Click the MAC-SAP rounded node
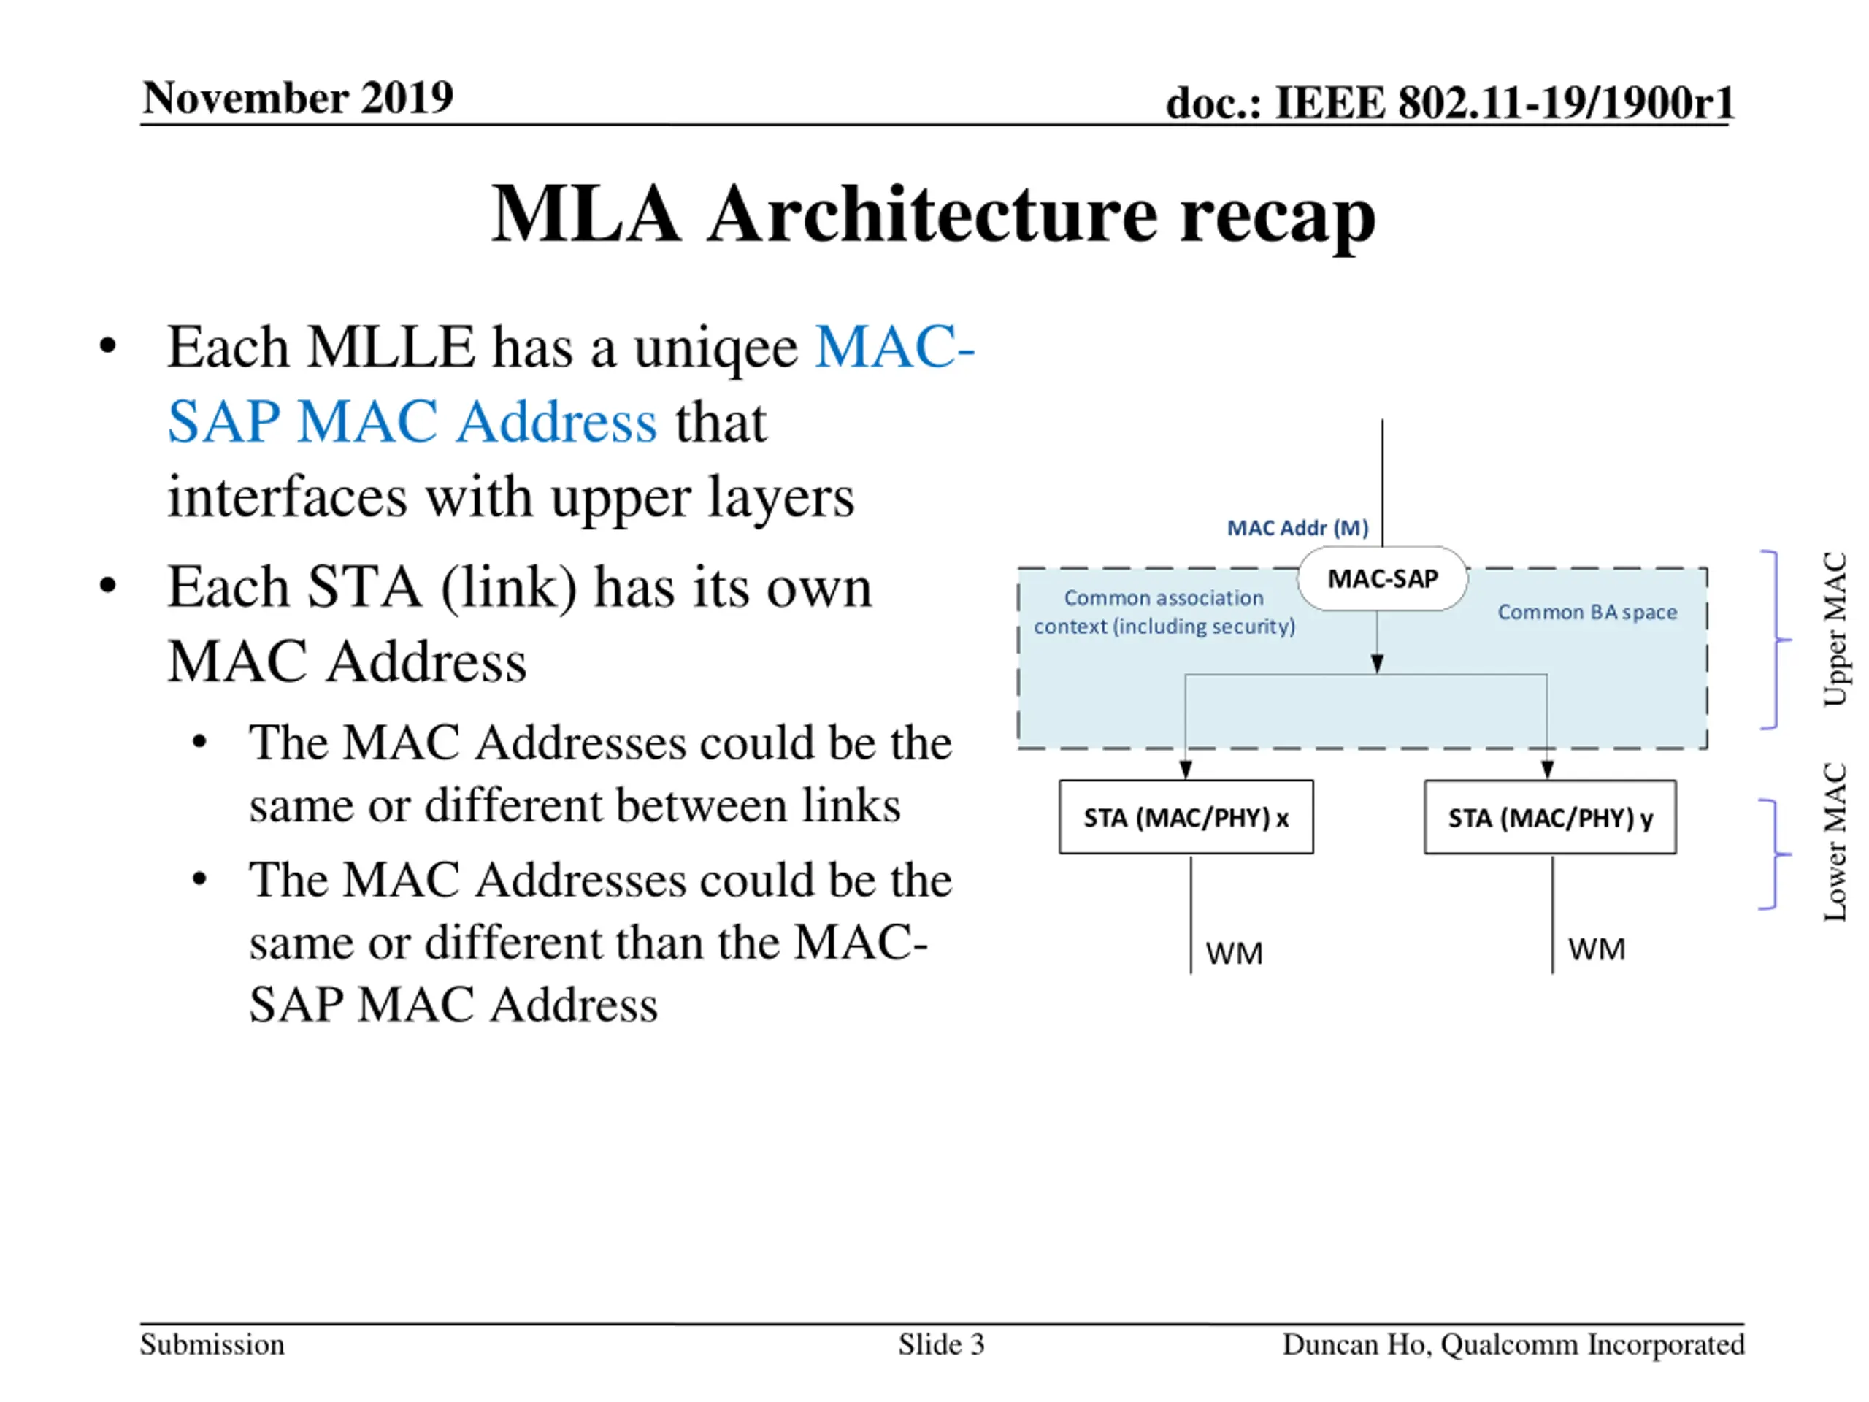pyautogui.click(x=1382, y=579)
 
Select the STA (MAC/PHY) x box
pyautogui.click(x=1186, y=817)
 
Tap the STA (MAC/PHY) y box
pyautogui.click(x=1550, y=817)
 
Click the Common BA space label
pyautogui.click(x=1586, y=612)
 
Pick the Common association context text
pyautogui.click(x=1164, y=612)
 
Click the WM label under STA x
pyautogui.click(x=1234, y=953)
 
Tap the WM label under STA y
pyautogui.click(x=1596, y=949)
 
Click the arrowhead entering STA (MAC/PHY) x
pyautogui.click(x=1186, y=769)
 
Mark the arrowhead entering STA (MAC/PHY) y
pyautogui.click(x=1547, y=769)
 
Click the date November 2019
pyautogui.click(x=297, y=97)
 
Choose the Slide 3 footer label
pyautogui.click(x=941, y=1344)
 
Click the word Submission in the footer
pyautogui.click(x=212, y=1344)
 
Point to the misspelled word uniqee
pyautogui.click(x=715, y=348)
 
